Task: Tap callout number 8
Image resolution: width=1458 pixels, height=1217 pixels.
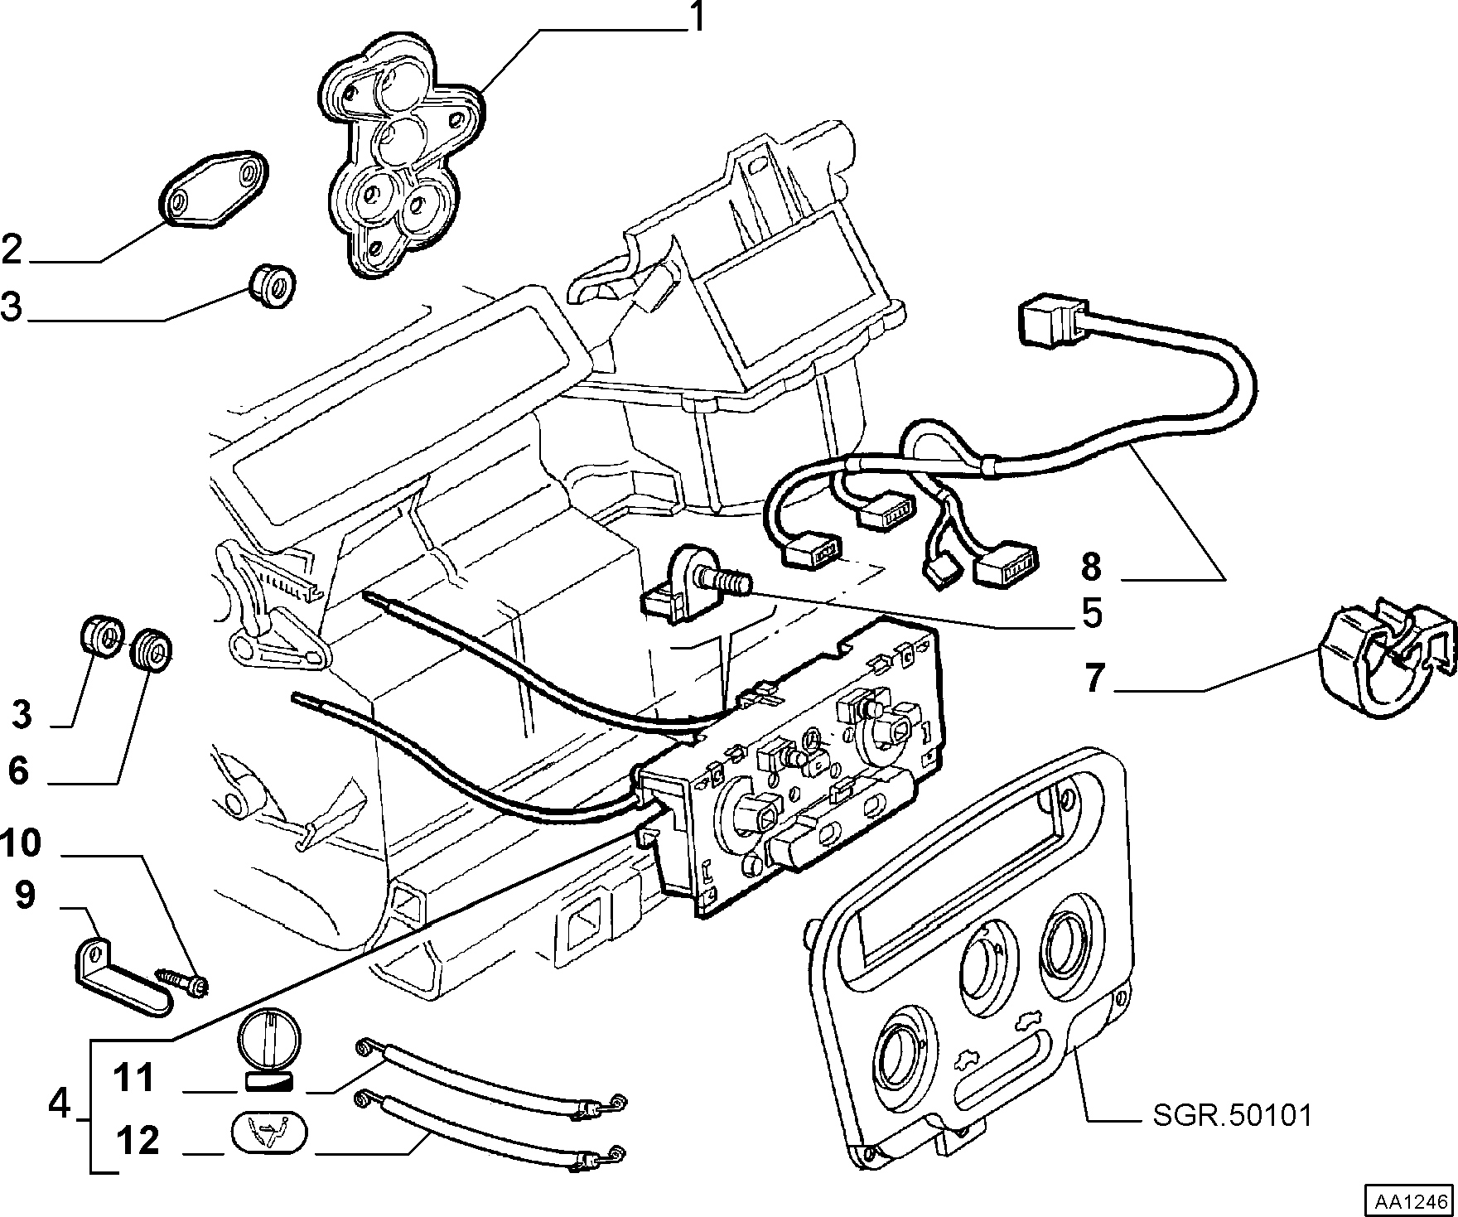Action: (1091, 567)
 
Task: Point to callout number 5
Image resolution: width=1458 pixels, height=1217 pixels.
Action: (1091, 614)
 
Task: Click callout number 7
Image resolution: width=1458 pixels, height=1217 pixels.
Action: (1095, 678)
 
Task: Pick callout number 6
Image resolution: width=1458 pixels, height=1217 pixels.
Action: (18, 770)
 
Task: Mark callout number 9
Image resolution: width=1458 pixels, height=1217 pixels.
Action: (25, 896)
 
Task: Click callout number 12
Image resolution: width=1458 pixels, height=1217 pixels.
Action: (138, 1141)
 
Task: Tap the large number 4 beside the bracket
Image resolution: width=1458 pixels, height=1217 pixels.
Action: (60, 1103)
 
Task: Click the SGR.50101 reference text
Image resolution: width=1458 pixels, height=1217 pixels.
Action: (1233, 1115)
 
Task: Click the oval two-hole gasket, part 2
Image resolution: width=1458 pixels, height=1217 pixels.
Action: (213, 187)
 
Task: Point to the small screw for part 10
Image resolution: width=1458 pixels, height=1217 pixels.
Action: (183, 981)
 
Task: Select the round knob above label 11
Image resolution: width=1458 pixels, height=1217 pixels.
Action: (269, 1042)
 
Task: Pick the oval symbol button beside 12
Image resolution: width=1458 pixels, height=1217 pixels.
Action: (267, 1132)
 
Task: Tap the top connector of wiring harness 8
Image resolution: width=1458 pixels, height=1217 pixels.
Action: (1048, 321)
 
